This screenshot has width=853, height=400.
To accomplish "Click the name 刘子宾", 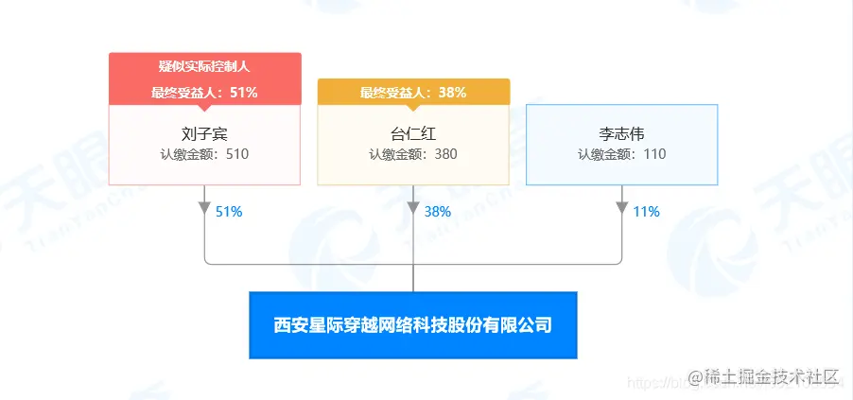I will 204,134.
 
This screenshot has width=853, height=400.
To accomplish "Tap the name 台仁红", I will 413,134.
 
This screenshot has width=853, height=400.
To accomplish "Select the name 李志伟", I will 621,134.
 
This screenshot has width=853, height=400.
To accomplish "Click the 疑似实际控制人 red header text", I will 204,67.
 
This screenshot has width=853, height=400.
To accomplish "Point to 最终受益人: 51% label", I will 204,92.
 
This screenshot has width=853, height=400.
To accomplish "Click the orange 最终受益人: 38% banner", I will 413,92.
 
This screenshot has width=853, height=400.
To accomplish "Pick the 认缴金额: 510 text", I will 204,153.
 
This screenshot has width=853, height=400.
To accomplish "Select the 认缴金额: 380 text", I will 413,153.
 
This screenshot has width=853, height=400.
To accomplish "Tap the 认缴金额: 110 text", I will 621,153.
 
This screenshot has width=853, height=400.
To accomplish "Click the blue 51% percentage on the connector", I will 229,212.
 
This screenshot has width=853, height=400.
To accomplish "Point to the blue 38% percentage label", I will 438,212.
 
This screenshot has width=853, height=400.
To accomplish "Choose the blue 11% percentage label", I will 646,212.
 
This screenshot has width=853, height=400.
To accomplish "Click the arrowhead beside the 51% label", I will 205,208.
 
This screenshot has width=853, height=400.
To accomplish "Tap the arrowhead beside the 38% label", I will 413,208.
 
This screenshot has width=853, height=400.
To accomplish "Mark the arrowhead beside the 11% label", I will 621,208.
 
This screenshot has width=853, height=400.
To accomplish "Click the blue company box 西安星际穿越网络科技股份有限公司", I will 412,325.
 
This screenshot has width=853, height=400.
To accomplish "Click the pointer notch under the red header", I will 204,108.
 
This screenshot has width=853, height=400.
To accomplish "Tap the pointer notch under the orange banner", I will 413,108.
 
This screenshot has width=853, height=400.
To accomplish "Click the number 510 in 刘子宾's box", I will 237,153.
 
